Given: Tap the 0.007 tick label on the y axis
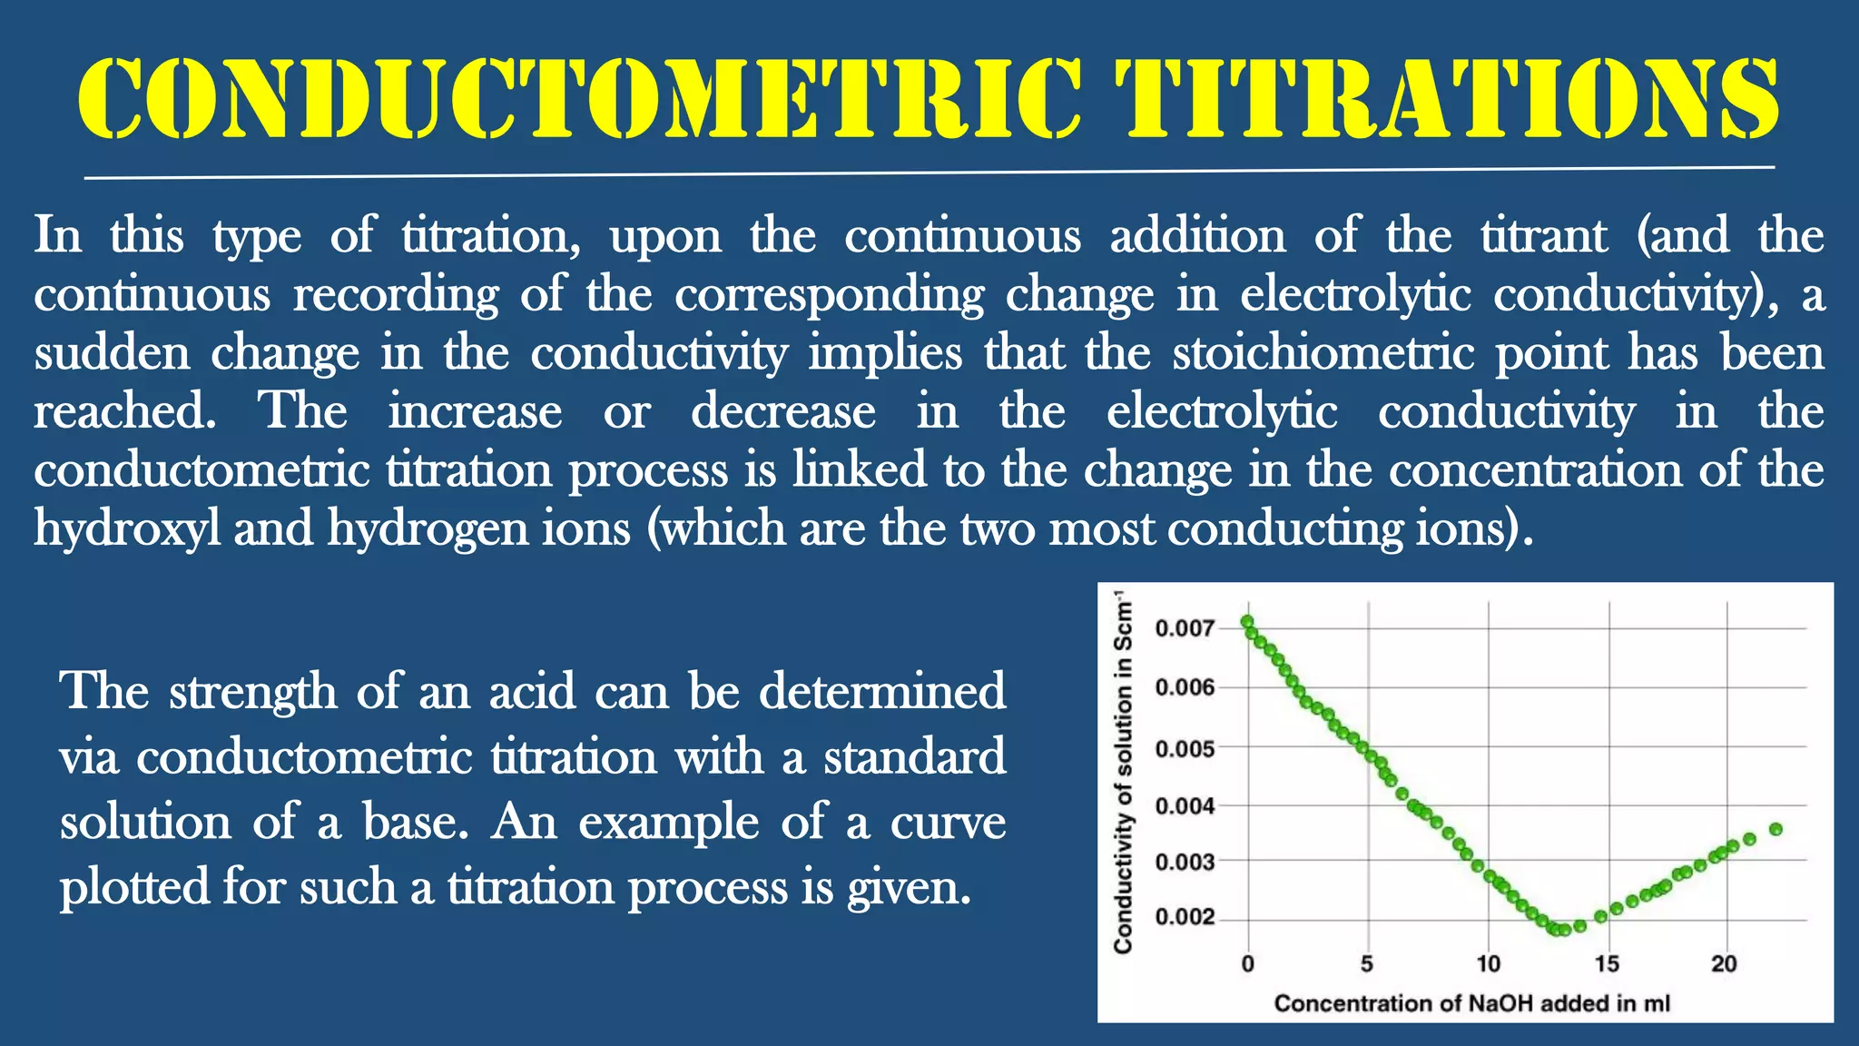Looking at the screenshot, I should [1184, 628].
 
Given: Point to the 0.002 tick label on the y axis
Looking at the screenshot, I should [1184, 917].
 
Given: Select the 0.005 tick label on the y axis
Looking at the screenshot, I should [1184, 749].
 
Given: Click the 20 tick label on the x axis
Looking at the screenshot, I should [1724, 964].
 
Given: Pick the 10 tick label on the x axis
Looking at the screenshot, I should [1488, 964].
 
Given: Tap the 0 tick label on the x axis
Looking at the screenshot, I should [1247, 964].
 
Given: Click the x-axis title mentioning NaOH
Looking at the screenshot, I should [1471, 1003].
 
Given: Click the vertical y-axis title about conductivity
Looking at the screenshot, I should [1124, 772].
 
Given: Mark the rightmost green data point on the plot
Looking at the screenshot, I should [1776, 829].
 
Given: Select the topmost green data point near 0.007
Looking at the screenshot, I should [1247, 622].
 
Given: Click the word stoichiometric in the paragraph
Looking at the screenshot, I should [1323, 353].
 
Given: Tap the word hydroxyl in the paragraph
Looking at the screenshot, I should [127, 529].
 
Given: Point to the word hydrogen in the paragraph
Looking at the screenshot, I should [427, 529].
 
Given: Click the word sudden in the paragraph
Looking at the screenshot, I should [112, 353].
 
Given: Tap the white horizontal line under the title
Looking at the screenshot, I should [929, 173].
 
